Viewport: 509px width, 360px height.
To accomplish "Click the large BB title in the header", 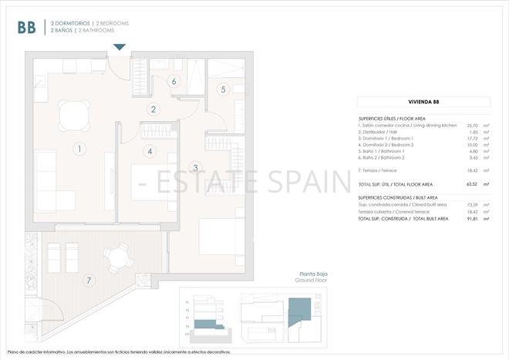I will (x=26, y=28).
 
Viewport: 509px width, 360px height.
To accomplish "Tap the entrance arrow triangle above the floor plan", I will (x=119, y=48).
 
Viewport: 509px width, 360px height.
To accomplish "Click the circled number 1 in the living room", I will (x=79, y=147).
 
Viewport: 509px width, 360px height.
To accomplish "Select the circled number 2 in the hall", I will (x=154, y=109).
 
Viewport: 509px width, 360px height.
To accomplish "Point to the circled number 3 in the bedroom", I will (x=195, y=167).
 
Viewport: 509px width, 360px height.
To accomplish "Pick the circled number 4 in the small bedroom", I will (x=150, y=151).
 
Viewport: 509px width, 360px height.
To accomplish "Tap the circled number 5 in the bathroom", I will (x=223, y=89).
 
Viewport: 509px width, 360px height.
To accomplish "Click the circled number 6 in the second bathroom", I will (x=174, y=81).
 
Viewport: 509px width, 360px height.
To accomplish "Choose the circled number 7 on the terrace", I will (x=89, y=281).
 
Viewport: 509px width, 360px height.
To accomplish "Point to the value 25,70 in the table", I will (x=472, y=125).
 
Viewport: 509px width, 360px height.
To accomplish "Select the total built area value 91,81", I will (x=472, y=220).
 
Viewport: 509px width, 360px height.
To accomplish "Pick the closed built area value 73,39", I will (x=472, y=204).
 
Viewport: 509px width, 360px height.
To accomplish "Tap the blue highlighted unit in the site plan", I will (x=298, y=315).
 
